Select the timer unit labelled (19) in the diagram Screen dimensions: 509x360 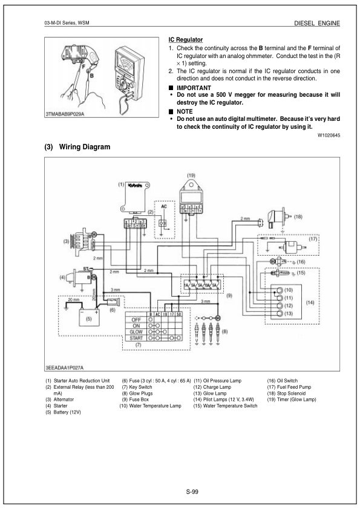point(197,193)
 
